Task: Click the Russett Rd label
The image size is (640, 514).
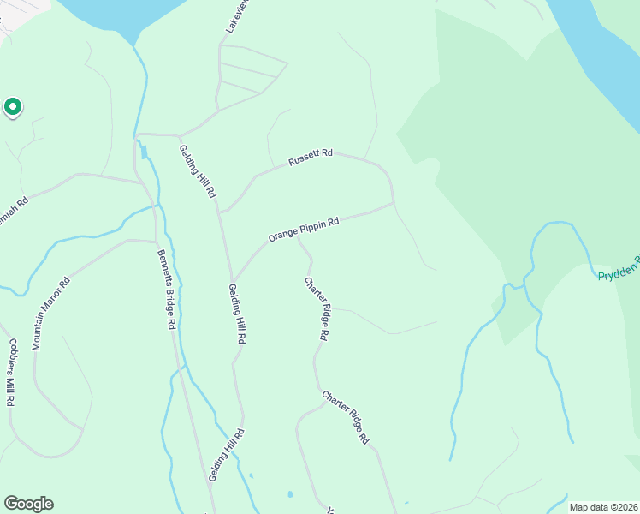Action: [x=310, y=158]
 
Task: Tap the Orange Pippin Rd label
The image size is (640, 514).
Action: [x=304, y=229]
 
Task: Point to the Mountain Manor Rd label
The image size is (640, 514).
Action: [x=50, y=314]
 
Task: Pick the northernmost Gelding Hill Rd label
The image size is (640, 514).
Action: [x=197, y=171]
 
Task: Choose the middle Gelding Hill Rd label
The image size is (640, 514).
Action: [x=237, y=314]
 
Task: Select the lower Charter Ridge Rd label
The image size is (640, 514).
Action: [x=345, y=417]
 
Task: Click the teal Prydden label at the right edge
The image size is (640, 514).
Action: [x=618, y=274]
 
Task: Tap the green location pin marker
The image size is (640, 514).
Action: [x=13, y=107]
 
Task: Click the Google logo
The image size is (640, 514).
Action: [x=28, y=504]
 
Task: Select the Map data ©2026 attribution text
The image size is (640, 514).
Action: [x=603, y=507]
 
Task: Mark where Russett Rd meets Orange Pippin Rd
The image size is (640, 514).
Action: [x=394, y=204]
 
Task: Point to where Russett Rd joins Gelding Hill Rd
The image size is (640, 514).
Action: [x=220, y=211]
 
